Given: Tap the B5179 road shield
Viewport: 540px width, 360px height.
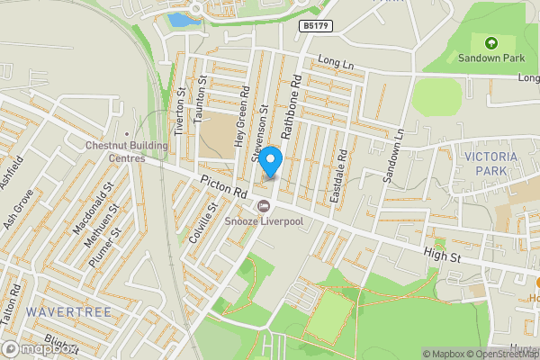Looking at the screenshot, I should coord(315,27).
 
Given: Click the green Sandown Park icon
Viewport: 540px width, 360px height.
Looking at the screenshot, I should coord(490,42).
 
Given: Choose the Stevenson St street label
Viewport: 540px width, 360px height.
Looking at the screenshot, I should coord(261,132).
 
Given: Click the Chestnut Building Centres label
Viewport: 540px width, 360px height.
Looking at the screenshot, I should coord(127,152).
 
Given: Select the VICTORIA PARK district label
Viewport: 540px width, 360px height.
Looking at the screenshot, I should coord(491,163).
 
